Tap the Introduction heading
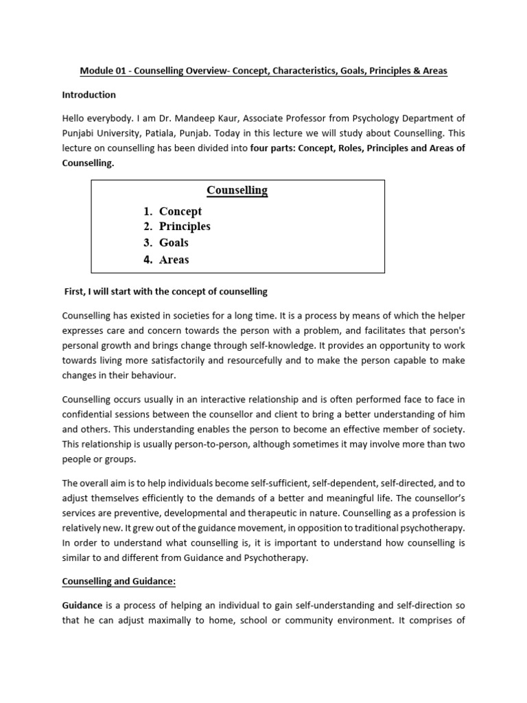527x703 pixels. click(x=89, y=95)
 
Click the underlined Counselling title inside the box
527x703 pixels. click(x=237, y=190)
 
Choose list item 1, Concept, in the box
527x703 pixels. click(x=180, y=211)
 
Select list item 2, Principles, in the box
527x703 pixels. click(x=185, y=227)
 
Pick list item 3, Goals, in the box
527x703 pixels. click(x=174, y=243)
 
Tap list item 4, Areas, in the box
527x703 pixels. click(x=174, y=260)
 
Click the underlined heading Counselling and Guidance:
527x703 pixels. click(x=119, y=581)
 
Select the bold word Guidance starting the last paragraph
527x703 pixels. click(x=82, y=605)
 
